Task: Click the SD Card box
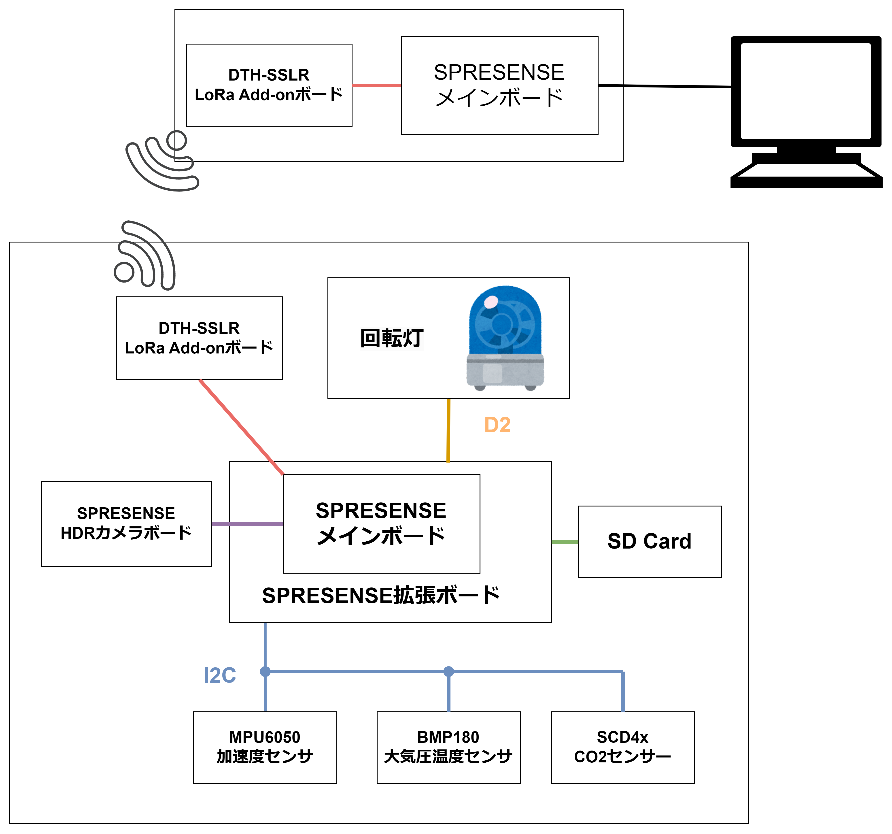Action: click(x=649, y=541)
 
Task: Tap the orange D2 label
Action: click(x=497, y=425)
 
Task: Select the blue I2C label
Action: click(x=219, y=675)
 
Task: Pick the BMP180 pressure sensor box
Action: click(x=448, y=747)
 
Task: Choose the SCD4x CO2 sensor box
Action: click(x=623, y=747)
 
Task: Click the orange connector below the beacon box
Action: click(x=448, y=430)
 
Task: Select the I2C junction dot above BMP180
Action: click(x=448, y=672)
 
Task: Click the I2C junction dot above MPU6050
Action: click(x=265, y=672)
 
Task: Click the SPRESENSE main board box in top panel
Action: click(x=499, y=85)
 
